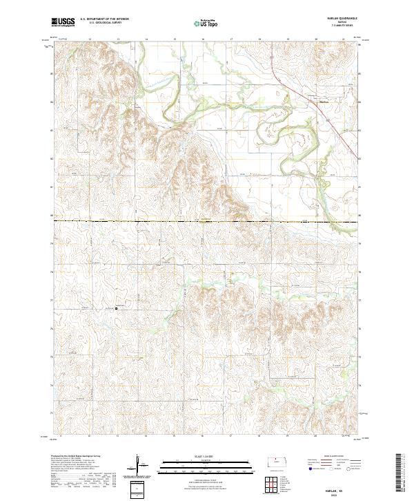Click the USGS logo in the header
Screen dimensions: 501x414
(x=62, y=23)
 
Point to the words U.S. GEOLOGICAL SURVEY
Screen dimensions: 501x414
(x=104, y=23)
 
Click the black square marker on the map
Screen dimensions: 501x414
(x=116, y=308)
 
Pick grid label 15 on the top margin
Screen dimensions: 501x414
(x=175, y=39)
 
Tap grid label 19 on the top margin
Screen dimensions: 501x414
(x=288, y=39)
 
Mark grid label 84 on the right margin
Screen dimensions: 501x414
(x=361, y=102)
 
